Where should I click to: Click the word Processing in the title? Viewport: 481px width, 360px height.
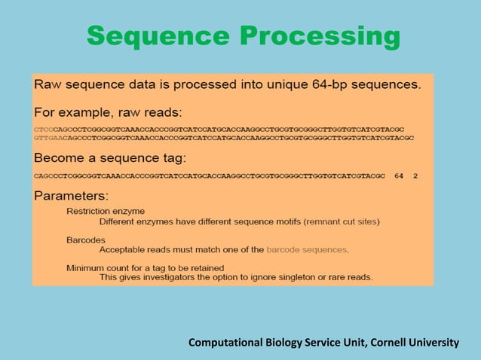320,35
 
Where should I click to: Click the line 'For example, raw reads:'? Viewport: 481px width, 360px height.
108,113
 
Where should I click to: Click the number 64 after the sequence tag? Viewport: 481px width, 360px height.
399,175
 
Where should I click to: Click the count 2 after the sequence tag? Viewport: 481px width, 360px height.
415,175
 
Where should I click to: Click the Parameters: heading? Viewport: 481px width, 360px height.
72,195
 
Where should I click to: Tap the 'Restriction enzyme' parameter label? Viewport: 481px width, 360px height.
106,212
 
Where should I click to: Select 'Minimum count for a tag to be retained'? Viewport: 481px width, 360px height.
145,267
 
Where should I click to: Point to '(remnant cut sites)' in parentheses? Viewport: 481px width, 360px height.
335,221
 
